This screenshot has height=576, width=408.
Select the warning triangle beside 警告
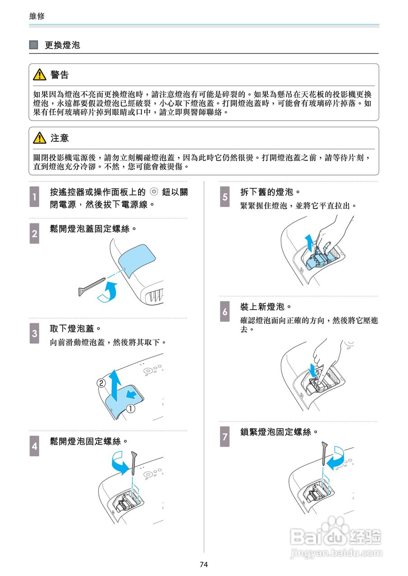click(40, 75)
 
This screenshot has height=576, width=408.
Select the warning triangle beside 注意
click(40, 138)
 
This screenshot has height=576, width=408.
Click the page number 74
click(204, 565)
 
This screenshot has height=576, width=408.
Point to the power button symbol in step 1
click(154, 192)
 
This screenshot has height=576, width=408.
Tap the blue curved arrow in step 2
click(110, 292)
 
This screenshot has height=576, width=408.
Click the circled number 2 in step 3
click(101, 383)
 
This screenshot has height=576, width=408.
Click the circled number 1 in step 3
click(130, 409)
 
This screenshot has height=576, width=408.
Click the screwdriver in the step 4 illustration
click(134, 463)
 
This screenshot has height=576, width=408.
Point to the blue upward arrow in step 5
click(308, 243)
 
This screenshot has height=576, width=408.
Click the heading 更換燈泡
click(62, 45)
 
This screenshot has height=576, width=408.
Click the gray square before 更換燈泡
click(33, 45)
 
